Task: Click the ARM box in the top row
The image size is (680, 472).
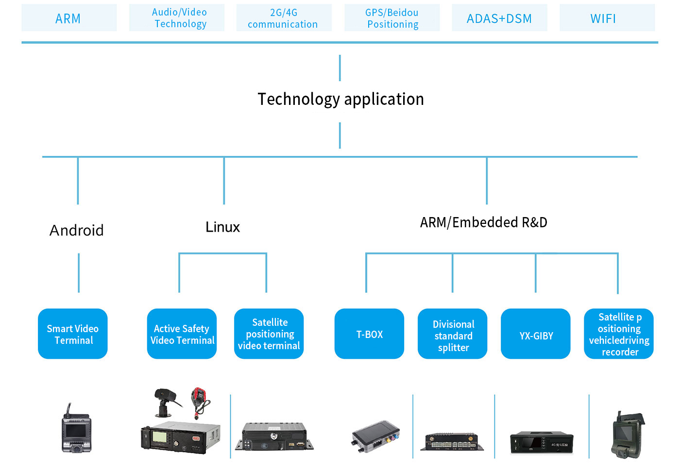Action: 69,17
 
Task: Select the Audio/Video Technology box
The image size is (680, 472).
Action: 177,17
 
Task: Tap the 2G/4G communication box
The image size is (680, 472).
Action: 284,17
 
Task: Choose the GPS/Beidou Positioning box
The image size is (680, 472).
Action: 392,17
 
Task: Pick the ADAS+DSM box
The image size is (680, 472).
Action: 500,17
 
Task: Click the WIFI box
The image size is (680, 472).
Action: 608,17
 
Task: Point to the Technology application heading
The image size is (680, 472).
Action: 340,100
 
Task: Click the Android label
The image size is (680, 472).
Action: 77,230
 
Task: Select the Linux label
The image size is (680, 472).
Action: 222,227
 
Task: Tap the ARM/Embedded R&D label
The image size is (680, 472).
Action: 484,222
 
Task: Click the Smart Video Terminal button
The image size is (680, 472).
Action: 73,334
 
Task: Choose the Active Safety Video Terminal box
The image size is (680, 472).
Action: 182,334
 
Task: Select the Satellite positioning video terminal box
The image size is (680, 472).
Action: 269,334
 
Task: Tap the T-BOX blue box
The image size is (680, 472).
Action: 370,334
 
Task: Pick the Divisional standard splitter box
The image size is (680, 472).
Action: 453,334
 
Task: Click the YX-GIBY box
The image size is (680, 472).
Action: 536,334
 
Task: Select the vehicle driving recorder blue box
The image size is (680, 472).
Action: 619,334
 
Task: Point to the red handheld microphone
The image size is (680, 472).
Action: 200,402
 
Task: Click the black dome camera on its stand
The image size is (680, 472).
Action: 166,403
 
